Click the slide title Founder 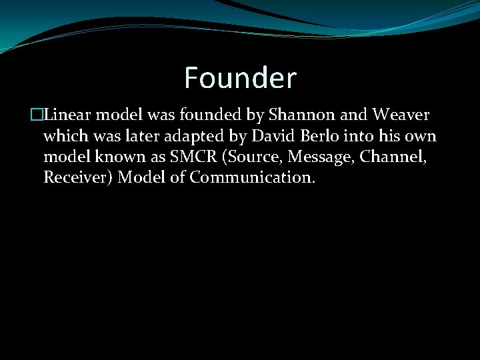pos(240,78)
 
